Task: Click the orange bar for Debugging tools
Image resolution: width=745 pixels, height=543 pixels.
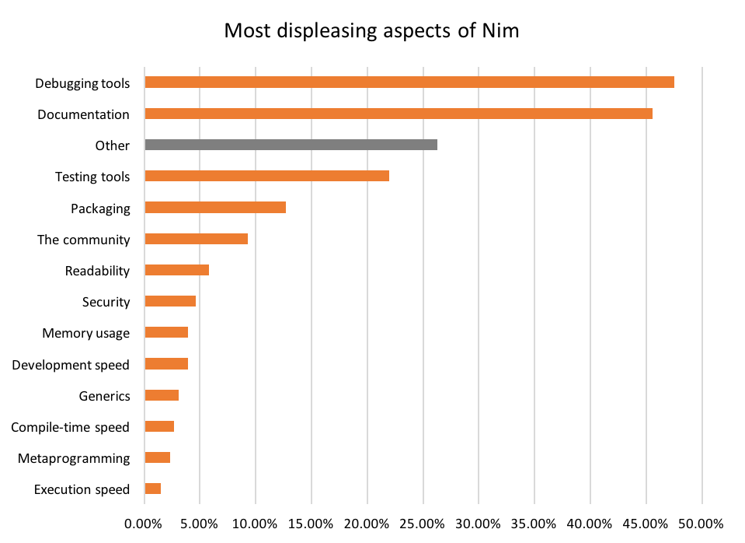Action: point(409,82)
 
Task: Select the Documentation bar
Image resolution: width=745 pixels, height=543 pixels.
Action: point(399,114)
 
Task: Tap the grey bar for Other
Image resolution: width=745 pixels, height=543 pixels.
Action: point(291,145)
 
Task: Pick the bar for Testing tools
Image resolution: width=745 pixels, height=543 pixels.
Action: point(267,176)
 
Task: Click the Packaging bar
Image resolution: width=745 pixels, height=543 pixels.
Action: point(215,208)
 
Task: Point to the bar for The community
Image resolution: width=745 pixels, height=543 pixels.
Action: point(197,239)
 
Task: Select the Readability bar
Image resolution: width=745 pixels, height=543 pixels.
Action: point(177,270)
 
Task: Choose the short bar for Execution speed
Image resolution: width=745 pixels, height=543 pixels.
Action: point(153,489)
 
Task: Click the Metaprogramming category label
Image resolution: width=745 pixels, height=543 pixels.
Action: point(74,458)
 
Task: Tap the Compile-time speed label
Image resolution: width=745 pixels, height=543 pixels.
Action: point(70,427)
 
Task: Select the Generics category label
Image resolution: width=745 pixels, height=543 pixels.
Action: point(104,396)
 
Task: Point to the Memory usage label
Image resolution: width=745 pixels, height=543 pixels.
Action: point(85,333)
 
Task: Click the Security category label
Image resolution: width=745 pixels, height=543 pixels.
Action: point(106,302)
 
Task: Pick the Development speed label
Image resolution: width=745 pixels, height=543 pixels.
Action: point(71,364)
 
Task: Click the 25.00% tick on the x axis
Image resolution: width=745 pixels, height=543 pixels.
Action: point(423,524)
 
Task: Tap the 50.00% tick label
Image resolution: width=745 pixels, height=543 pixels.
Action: point(701,524)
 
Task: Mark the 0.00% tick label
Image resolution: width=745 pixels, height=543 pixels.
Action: point(144,524)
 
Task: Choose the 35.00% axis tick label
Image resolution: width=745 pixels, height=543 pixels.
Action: point(534,524)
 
